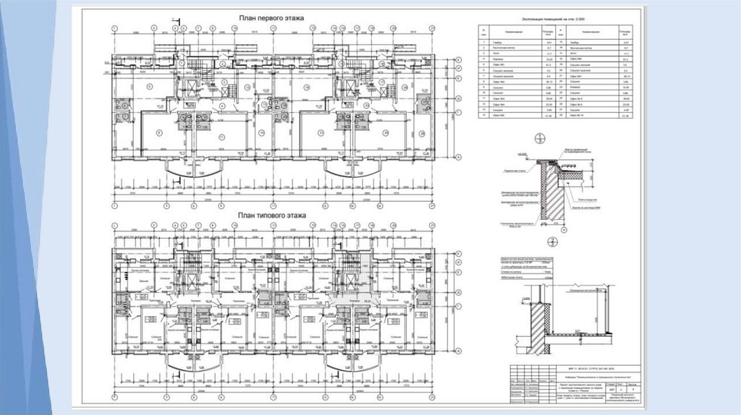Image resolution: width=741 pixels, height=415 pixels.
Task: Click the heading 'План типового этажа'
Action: pyautogui.click(x=271, y=215)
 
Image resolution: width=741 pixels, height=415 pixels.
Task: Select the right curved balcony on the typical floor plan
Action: pyautogui.click(x=346, y=369)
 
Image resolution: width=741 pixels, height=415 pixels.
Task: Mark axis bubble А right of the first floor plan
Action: pyautogui.click(x=459, y=156)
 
